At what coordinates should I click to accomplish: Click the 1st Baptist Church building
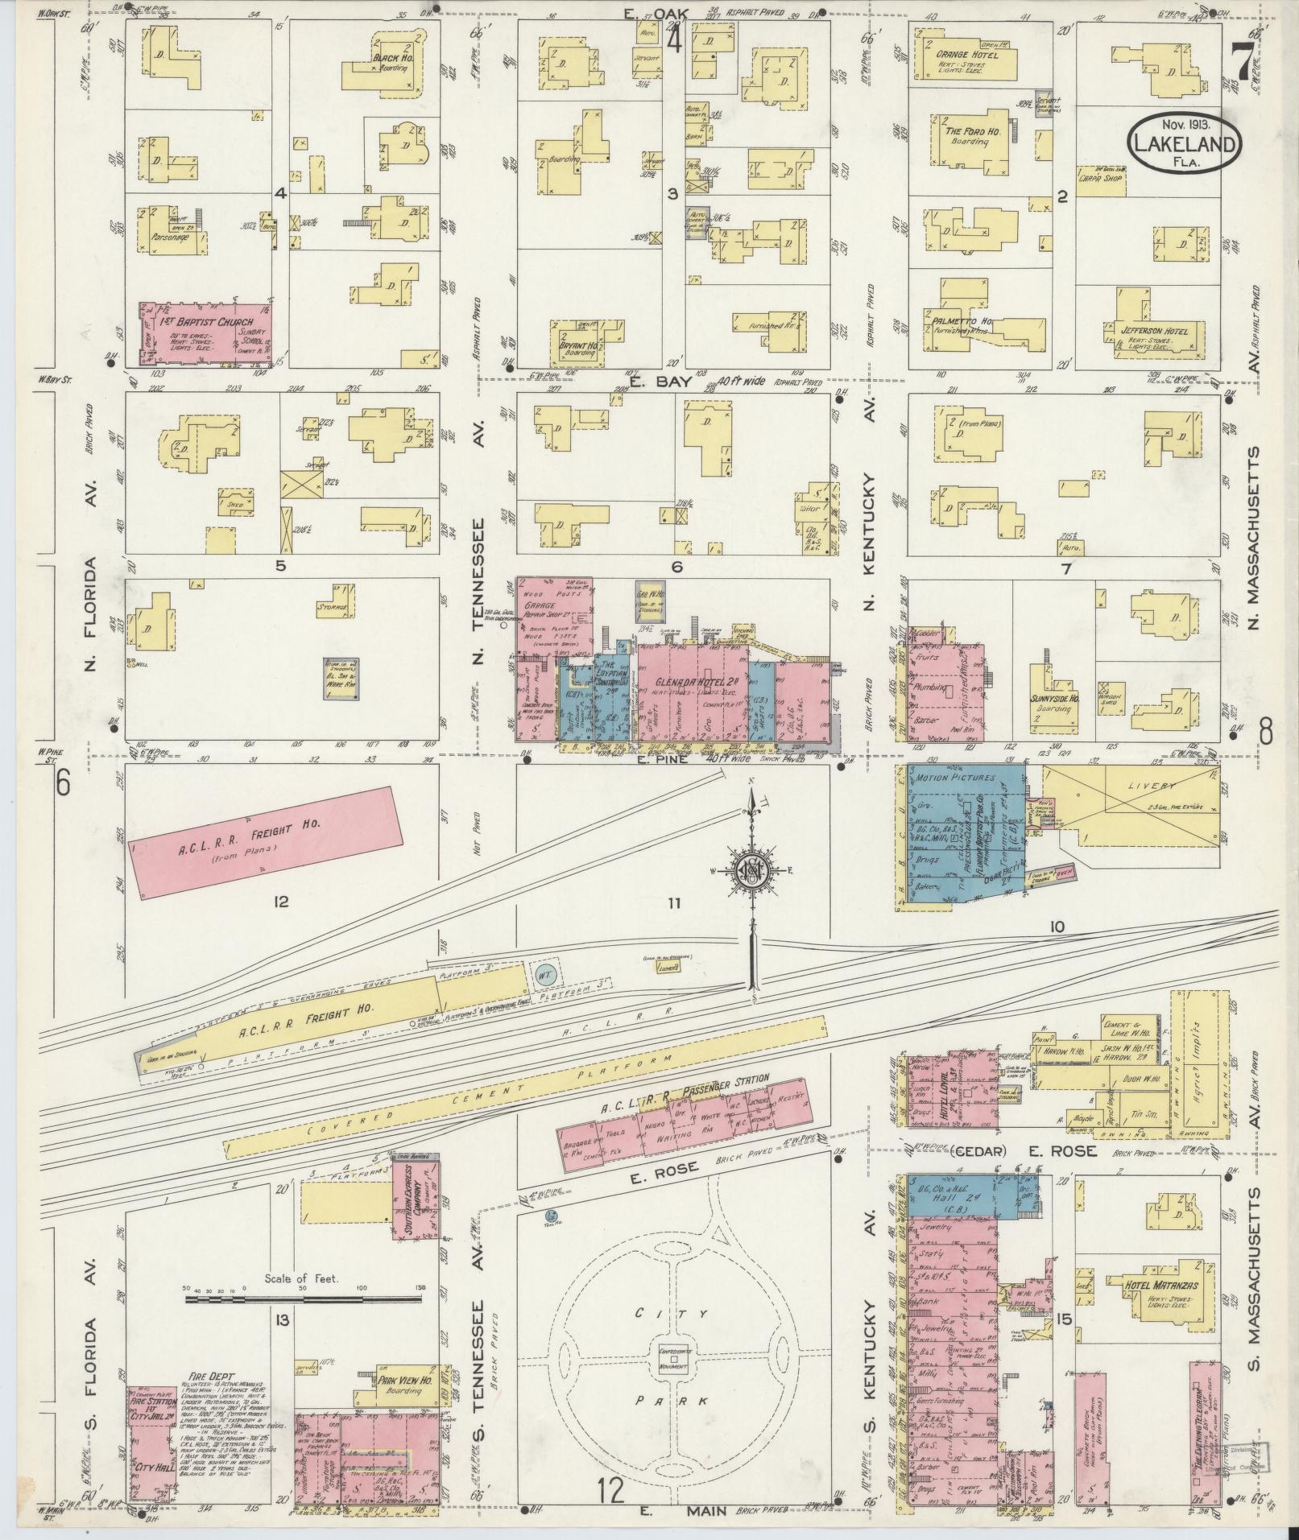(x=204, y=334)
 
